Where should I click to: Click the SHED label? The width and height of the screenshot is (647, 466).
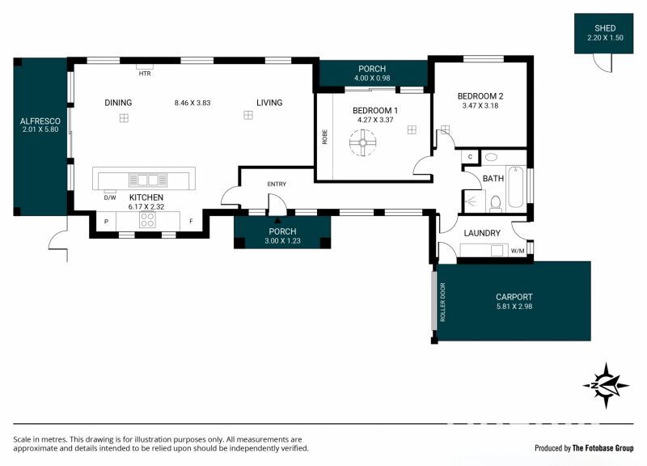pyautogui.click(x=605, y=28)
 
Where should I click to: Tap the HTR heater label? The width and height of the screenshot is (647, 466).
pyautogui.click(x=145, y=74)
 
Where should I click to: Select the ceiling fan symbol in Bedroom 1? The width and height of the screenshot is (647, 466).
pyautogui.click(x=362, y=143)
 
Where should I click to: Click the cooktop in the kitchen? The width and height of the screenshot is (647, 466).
pyautogui.click(x=147, y=219)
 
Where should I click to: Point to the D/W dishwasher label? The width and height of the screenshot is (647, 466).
pyautogui.click(x=110, y=197)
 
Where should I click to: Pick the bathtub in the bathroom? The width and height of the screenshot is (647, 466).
pyautogui.click(x=516, y=187)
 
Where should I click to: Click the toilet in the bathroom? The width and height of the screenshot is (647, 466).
pyautogui.click(x=496, y=204)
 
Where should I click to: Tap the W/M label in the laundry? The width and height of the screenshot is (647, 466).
pyautogui.click(x=518, y=251)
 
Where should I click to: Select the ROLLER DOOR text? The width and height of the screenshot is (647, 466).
pyautogui.click(x=442, y=302)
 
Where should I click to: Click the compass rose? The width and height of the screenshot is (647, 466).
pyautogui.click(x=606, y=386)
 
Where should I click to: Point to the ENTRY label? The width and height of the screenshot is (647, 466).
pyautogui.click(x=277, y=184)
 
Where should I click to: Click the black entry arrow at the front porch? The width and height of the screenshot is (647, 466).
pyautogui.click(x=277, y=220)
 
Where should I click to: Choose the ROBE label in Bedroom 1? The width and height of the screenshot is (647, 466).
pyautogui.click(x=325, y=137)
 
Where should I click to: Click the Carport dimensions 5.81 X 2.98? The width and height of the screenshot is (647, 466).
pyautogui.click(x=514, y=307)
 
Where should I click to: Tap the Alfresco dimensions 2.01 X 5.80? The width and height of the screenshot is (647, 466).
pyautogui.click(x=40, y=129)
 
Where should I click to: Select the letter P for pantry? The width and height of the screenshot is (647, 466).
pyautogui.click(x=107, y=222)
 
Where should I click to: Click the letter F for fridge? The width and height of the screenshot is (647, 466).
pyautogui.click(x=191, y=221)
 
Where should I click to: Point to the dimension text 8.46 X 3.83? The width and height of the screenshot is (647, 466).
pyautogui.click(x=192, y=103)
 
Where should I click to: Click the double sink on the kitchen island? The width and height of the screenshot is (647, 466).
pyautogui.click(x=148, y=180)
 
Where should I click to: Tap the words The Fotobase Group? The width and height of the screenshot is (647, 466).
pyautogui.click(x=603, y=448)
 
